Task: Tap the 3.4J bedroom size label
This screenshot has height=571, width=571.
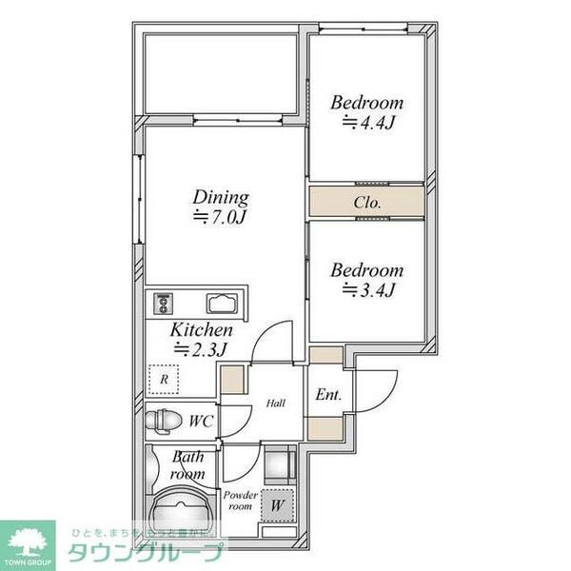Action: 366,289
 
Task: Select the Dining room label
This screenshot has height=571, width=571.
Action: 221,198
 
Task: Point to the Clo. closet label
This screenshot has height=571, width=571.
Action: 367,203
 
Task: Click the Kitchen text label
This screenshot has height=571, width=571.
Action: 201,329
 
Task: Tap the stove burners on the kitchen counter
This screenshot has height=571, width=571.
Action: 161,305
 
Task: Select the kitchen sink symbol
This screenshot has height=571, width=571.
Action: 225,305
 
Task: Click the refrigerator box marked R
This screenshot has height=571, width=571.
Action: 166,380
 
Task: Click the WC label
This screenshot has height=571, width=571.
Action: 200,420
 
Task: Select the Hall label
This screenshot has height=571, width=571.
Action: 275,403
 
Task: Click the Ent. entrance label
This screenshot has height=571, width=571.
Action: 328,394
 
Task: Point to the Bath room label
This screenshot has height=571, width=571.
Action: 187,465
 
